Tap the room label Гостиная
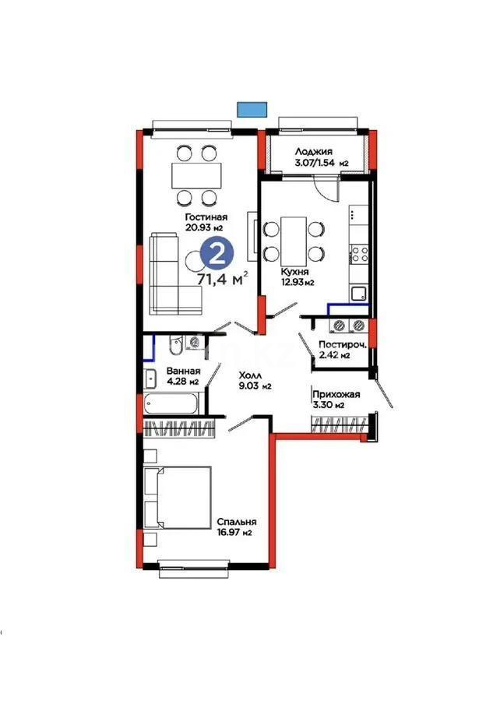pos(206,217)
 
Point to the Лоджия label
pos(314,152)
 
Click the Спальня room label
pos(237,522)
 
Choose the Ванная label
pos(183,371)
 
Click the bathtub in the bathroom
pos(172,404)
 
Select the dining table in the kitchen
pos(293,241)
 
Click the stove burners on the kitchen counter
pos(361,252)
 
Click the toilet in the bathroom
pos(176,343)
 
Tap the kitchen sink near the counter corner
pos(359,293)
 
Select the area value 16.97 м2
pos(236,534)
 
